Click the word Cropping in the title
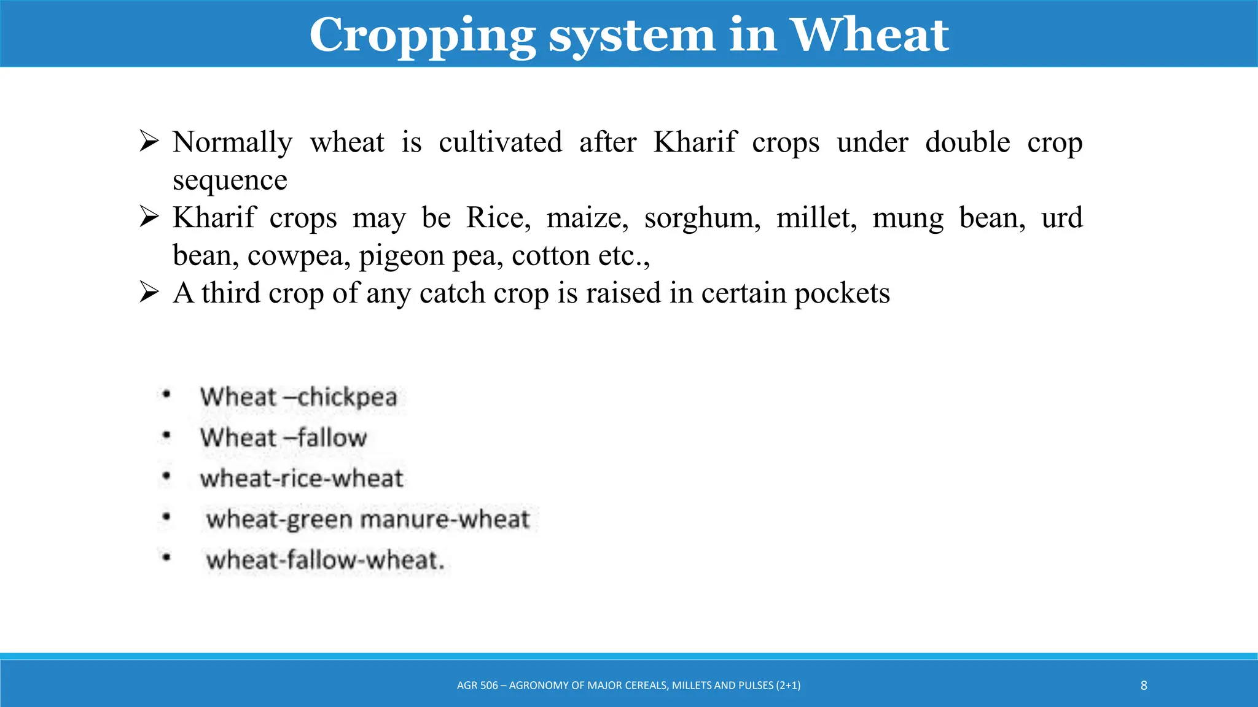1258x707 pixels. tap(423, 36)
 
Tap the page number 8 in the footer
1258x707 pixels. tap(1144, 686)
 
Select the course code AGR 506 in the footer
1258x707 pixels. tap(477, 686)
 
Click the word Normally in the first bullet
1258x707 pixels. tap(232, 143)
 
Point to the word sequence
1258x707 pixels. tap(230, 181)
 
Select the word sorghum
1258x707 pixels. tap(702, 219)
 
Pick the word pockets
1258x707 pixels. tap(842, 294)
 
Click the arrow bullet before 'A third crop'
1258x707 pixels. tap(149, 293)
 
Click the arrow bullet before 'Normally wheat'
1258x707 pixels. tap(149, 142)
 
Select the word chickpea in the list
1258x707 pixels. tap(347, 398)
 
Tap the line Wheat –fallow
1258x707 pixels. tap(283, 438)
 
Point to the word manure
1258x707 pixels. tap(404, 520)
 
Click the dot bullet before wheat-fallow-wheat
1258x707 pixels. tap(166, 558)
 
